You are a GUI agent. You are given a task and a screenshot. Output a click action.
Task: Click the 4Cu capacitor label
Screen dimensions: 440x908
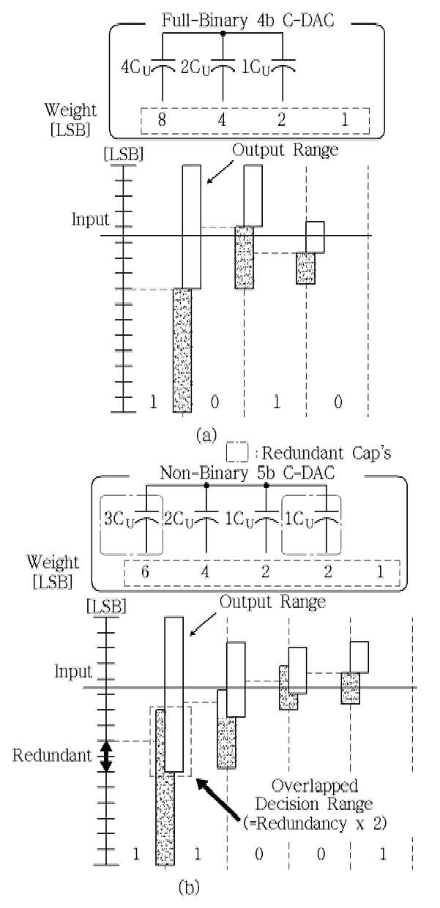point(135,68)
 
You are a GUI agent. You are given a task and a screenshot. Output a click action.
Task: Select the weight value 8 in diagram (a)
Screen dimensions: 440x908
point(162,119)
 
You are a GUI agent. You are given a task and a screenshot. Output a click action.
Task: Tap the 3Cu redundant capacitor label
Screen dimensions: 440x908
point(119,519)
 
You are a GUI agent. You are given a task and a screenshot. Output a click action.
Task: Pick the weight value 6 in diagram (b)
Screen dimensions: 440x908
point(145,571)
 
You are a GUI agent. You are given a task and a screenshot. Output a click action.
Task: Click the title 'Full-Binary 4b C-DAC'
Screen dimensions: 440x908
point(247,20)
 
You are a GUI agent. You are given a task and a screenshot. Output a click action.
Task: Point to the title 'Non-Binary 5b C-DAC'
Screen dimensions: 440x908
point(247,473)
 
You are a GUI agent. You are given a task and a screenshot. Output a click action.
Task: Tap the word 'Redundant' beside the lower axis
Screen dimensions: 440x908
point(52,755)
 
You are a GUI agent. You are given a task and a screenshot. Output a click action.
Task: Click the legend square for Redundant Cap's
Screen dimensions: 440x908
point(236,452)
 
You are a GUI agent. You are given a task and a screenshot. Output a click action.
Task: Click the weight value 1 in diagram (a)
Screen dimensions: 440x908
point(345,119)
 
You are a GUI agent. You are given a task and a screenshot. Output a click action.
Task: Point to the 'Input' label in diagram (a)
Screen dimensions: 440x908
point(91,220)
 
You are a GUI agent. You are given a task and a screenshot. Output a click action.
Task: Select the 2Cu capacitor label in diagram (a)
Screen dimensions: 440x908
point(195,68)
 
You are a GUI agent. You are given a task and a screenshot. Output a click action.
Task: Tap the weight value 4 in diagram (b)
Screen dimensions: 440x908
point(205,571)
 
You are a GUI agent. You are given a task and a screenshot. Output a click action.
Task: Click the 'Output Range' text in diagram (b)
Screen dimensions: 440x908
point(272,601)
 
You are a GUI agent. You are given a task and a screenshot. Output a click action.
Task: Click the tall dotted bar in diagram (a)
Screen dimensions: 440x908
point(182,350)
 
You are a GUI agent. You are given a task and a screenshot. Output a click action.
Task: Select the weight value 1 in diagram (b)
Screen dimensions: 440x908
point(380,571)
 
